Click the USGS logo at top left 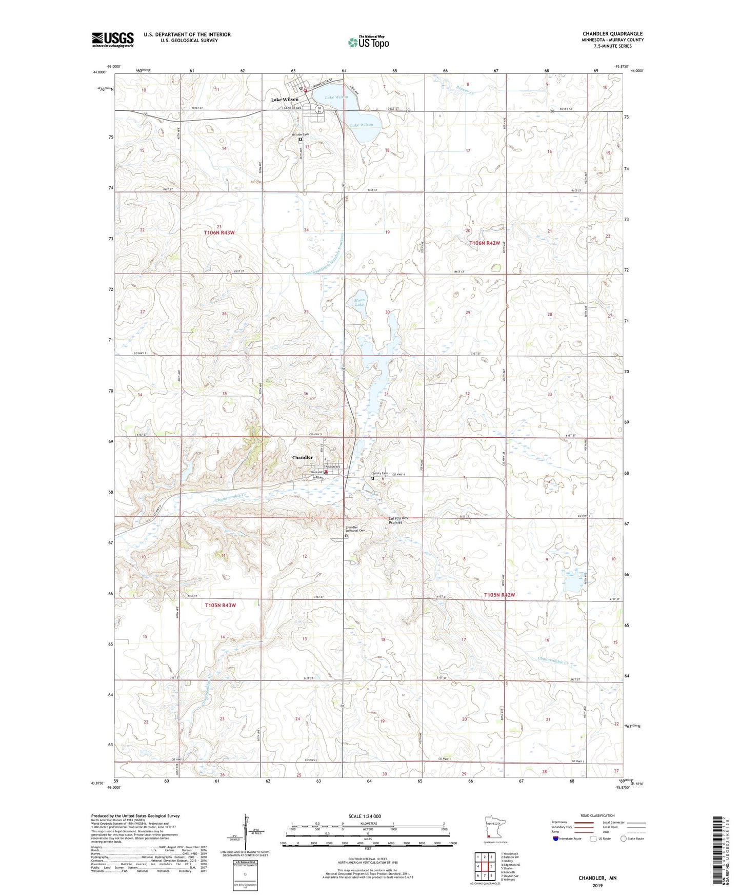(113, 40)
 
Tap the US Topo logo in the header (368, 42)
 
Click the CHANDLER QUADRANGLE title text (612, 34)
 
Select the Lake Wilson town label (285, 100)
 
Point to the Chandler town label (302, 457)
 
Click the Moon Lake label (359, 302)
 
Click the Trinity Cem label (380, 473)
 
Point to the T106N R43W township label (218, 232)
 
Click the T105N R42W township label (499, 595)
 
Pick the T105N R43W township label (220, 605)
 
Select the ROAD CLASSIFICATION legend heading (597, 815)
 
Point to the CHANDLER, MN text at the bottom (597, 878)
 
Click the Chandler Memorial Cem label (351, 530)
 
